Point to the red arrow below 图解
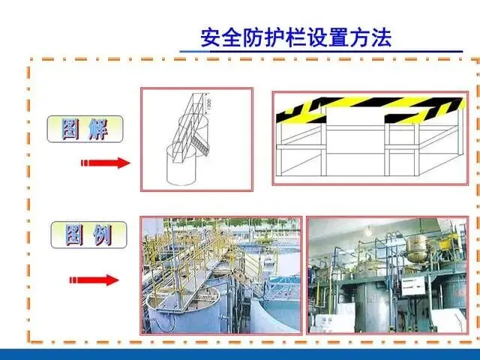pyautogui.click(x=106, y=163)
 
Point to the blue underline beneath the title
pyautogui.click(x=322, y=52)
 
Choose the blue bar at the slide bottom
pyautogui.click(x=240, y=354)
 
